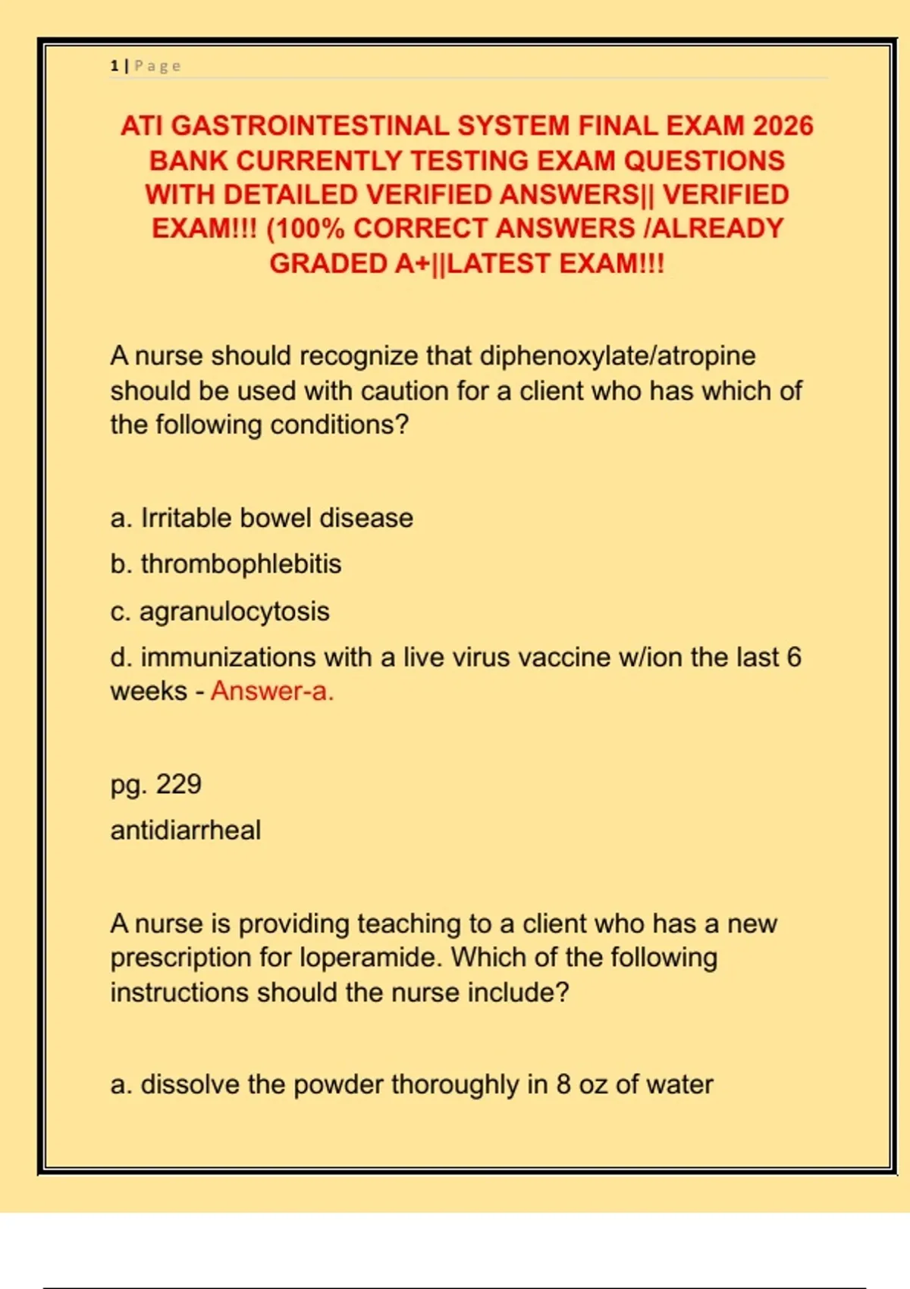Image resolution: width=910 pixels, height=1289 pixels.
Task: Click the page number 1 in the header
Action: coord(114,66)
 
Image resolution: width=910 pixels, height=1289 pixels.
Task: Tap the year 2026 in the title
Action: coord(783,126)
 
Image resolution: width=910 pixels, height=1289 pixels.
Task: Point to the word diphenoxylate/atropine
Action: coord(618,356)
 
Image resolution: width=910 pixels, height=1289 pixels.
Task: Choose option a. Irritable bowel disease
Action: coord(262,518)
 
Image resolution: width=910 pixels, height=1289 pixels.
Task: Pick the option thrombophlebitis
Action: coord(240,564)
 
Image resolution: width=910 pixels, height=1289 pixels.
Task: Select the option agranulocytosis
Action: coord(234,611)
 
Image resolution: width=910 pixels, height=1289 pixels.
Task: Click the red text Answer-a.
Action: coord(272,691)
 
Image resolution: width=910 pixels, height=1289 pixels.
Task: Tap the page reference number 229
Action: coord(179,784)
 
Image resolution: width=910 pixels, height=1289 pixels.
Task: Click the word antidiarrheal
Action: coord(186,830)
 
